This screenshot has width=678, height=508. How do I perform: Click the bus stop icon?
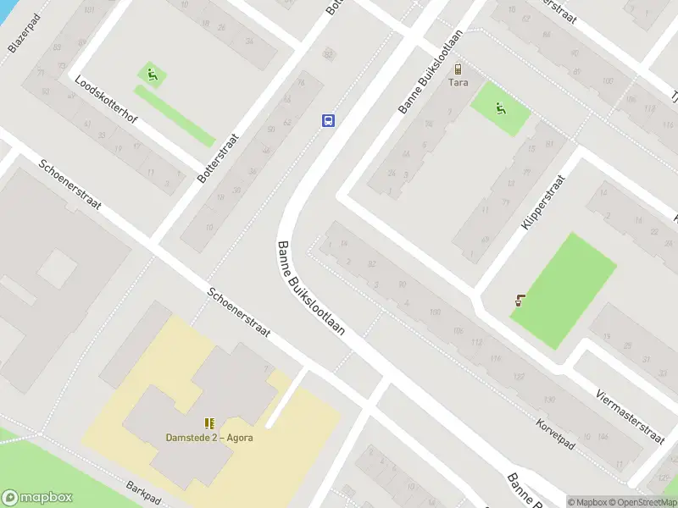328,120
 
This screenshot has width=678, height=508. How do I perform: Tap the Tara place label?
458,84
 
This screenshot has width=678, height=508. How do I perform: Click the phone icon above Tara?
458,69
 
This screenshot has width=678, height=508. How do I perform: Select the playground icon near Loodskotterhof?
152,75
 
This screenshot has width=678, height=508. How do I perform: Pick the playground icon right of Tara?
501,108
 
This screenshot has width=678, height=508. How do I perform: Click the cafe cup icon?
520,300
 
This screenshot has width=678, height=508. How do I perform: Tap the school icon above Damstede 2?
208,422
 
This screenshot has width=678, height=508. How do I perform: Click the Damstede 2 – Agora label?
208,438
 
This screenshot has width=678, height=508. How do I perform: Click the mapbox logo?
37,498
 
